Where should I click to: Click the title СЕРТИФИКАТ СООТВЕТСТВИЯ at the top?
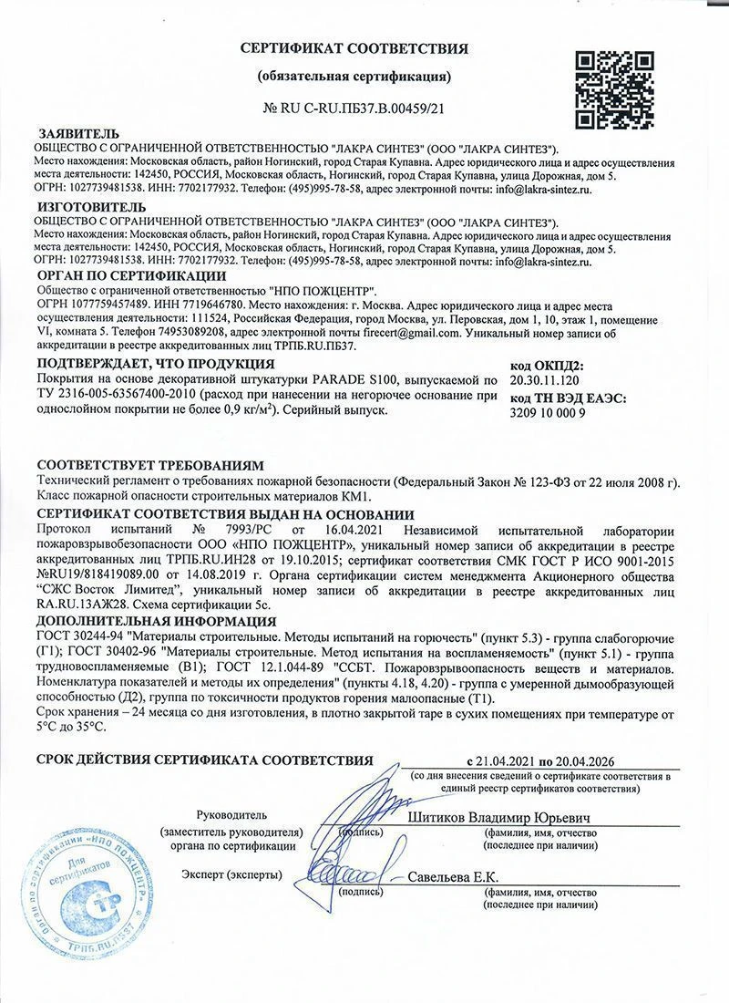354,48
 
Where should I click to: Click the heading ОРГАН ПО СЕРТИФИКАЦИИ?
132,275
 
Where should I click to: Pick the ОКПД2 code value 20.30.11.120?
545,377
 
